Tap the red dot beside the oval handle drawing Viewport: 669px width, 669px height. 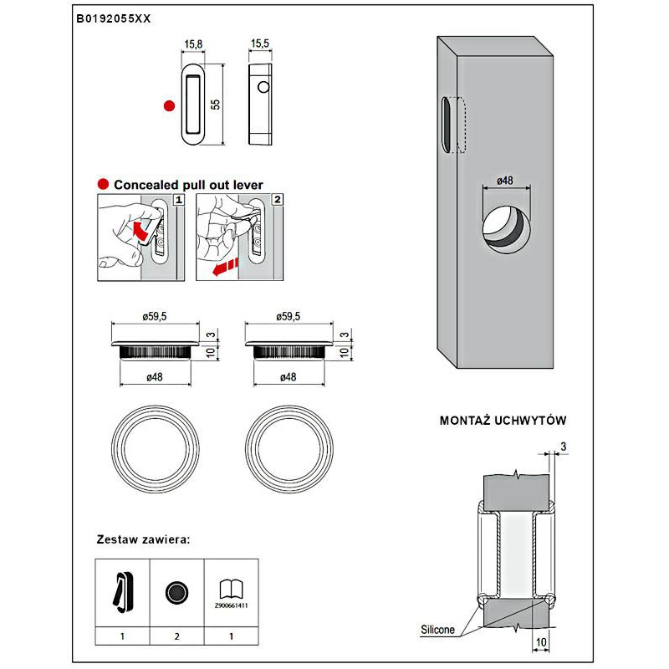click(169, 105)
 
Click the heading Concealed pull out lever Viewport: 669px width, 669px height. click(188, 185)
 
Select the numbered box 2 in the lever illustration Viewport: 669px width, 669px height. click(277, 200)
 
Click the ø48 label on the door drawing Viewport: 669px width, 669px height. click(504, 181)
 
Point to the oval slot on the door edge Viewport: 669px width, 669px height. click(447, 125)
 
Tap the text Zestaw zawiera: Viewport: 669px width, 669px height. click(144, 539)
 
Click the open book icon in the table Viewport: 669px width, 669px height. click(228, 589)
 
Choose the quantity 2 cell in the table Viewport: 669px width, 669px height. click(176, 636)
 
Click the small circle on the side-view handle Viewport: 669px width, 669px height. click(263, 87)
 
